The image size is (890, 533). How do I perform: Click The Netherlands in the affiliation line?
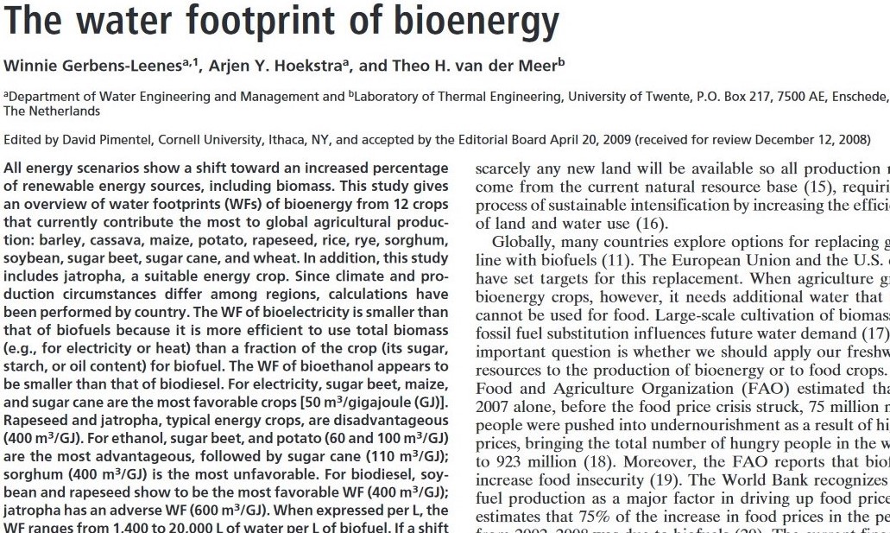(x=52, y=111)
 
